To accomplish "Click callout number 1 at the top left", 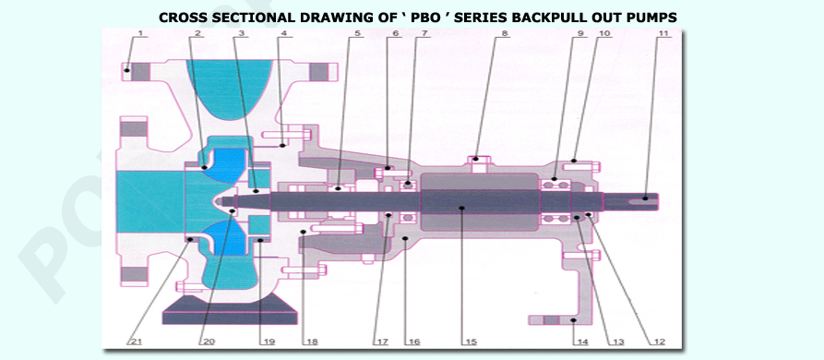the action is pyautogui.click(x=140, y=33).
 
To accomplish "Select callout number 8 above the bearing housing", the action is pyautogui.click(x=505, y=33).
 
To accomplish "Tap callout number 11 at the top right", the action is pyautogui.click(x=664, y=33).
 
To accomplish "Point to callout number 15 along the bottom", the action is pyautogui.click(x=471, y=342).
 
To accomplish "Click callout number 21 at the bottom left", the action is pyautogui.click(x=137, y=342).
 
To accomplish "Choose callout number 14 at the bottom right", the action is pyautogui.click(x=581, y=342).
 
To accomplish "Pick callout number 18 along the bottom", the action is pyautogui.click(x=312, y=342).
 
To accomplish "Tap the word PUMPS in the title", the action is pyautogui.click(x=651, y=18).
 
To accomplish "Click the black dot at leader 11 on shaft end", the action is pyautogui.click(x=645, y=198).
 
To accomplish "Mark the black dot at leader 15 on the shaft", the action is pyautogui.click(x=461, y=208).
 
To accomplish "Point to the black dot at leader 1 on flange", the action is pyautogui.click(x=126, y=70).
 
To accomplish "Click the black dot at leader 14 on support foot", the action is pyautogui.click(x=574, y=319).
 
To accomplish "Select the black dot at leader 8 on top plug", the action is pyautogui.click(x=476, y=158).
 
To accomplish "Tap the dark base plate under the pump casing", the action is pyautogui.click(x=230, y=310).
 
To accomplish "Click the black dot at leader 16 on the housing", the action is pyautogui.click(x=405, y=238).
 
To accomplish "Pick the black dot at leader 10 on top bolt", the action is pyautogui.click(x=574, y=161).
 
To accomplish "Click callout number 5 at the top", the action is pyautogui.click(x=357, y=33).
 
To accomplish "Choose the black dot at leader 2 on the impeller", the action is pyautogui.click(x=205, y=167).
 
